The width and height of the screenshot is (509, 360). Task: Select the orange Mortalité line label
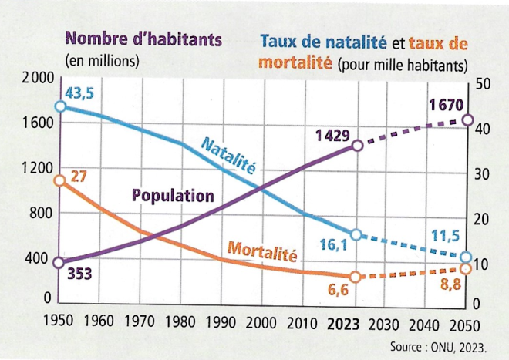[x=262, y=251]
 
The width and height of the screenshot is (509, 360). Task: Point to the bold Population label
[x=173, y=196]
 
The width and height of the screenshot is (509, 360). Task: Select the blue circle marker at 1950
[x=59, y=106]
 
